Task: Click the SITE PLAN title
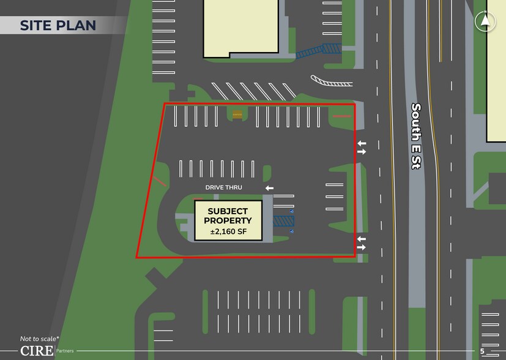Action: [x=58, y=25]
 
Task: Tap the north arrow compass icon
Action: [x=485, y=21]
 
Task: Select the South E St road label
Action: [x=416, y=135]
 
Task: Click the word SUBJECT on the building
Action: [x=228, y=211]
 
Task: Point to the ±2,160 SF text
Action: [x=228, y=232]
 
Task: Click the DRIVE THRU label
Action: [x=224, y=187]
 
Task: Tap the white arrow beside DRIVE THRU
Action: [x=269, y=188]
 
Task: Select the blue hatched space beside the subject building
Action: [x=283, y=221]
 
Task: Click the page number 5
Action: [x=482, y=351]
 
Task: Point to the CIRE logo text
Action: [x=36, y=351]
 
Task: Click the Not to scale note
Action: [x=40, y=339]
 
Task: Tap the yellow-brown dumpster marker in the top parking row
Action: [x=237, y=114]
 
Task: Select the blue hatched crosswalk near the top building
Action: [x=318, y=51]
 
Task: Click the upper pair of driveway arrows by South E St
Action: [x=362, y=148]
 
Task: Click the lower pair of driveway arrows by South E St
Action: [x=362, y=243]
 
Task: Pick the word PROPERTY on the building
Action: [x=228, y=221]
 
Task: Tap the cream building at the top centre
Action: [x=240, y=28]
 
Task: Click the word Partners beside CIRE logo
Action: [x=65, y=351]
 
